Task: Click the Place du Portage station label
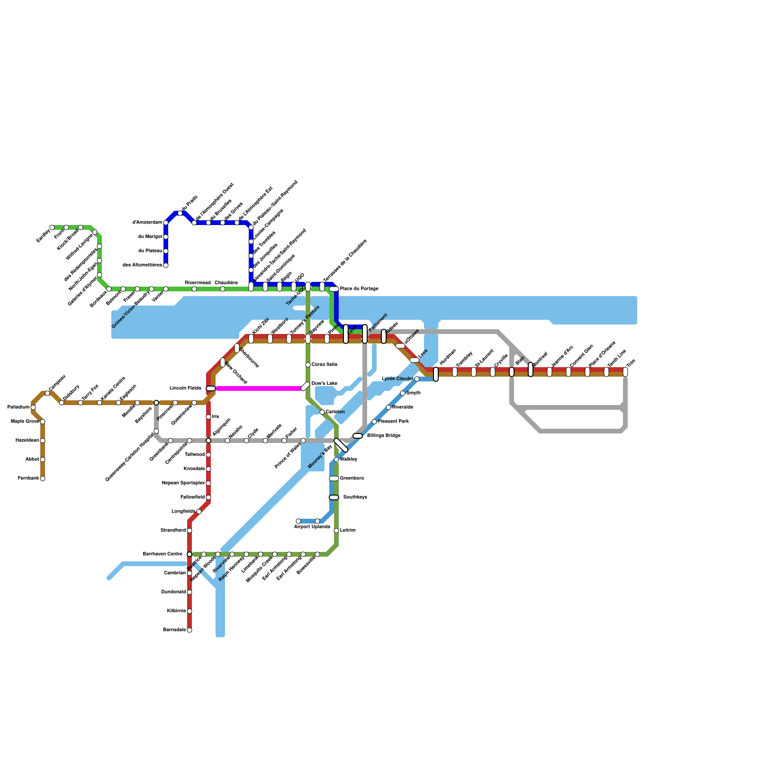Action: pyautogui.click(x=359, y=289)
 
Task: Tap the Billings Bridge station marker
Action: pyautogui.click(x=358, y=436)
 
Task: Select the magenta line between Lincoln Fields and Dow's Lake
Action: pyautogui.click(x=258, y=388)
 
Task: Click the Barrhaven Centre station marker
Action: pyautogui.click(x=189, y=554)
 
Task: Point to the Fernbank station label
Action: pyautogui.click(x=28, y=478)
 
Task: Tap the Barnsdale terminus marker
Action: pyautogui.click(x=189, y=630)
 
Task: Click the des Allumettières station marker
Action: pyautogui.click(x=166, y=265)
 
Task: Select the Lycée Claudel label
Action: pyautogui.click(x=397, y=379)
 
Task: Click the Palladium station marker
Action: pyautogui.click(x=33, y=407)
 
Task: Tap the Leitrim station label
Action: pyautogui.click(x=348, y=531)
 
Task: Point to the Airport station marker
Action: pyautogui.click(x=298, y=521)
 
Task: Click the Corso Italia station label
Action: pyautogui.click(x=324, y=365)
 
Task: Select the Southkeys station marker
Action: pyautogui.click(x=334, y=497)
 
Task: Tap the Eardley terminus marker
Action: pyautogui.click(x=52, y=227)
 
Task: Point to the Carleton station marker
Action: pyautogui.click(x=322, y=412)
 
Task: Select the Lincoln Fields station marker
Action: pyautogui.click(x=211, y=388)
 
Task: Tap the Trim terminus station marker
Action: pyautogui.click(x=625, y=372)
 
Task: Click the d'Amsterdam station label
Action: pyautogui.click(x=147, y=223)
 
